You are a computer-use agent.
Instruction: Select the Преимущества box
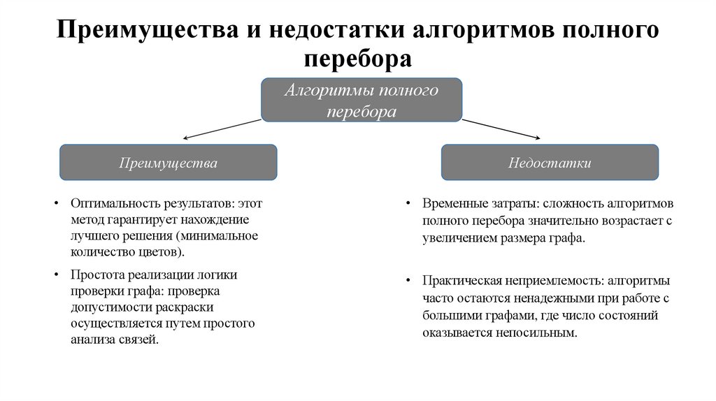pyautogui.click(x=168, y=163)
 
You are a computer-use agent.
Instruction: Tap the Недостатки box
pyautogui.click(x=550, y=163)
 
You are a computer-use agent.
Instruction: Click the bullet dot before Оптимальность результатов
pyautogui.click(x=56, y=205)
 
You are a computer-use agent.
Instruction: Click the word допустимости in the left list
pyautogui.click(x=108, y=307)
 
